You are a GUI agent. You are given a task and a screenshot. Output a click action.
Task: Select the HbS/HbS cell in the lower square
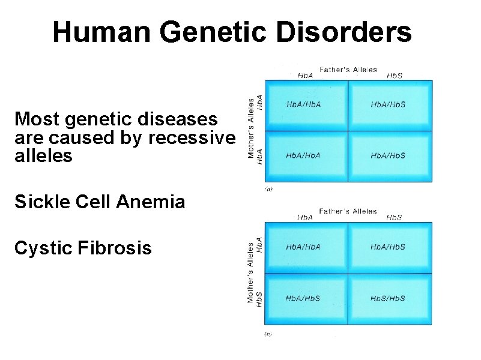click(388, 298)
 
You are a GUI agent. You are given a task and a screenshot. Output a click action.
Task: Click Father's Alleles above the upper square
click(348, 70)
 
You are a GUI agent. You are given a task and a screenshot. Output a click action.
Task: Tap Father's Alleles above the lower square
click(348, 211)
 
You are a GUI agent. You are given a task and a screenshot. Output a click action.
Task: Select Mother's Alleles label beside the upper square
click(251, 128)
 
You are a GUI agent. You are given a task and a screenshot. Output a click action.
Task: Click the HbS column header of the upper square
click(394, 76)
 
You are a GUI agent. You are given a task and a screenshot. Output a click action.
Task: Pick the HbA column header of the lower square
click(305, 217)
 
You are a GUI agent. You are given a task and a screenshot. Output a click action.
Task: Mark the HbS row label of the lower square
click(259, 298)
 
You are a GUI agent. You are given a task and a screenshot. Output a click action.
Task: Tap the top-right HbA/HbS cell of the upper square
click(388, 104)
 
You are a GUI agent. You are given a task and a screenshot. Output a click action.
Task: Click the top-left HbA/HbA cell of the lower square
click(303, 247)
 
